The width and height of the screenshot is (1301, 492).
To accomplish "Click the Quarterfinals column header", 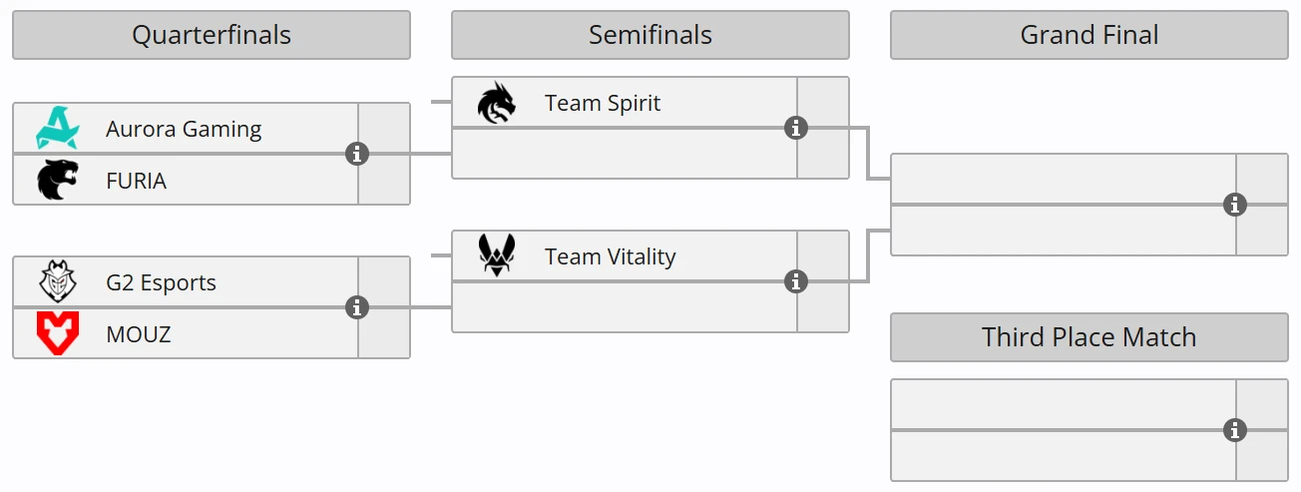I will point(212,35).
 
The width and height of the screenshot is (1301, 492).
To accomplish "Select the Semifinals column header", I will point(650,35).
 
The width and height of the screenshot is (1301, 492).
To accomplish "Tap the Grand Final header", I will point(1088,35).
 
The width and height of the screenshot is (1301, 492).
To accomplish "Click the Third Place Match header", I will point(1088,337).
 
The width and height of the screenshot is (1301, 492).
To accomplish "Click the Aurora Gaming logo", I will point(57,129).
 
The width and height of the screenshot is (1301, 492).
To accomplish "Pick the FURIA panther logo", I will point(57,181).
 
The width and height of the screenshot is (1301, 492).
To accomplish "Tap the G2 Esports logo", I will point(57,282).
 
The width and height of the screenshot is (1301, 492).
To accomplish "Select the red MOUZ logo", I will point(57,333).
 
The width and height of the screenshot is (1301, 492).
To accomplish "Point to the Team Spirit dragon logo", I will point(496,103).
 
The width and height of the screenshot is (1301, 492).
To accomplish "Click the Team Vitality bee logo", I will point(496,256).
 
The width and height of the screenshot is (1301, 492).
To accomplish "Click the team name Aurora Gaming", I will point(184,129).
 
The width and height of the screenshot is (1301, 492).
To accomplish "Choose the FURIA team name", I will point(136,181).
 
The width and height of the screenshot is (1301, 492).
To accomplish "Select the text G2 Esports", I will point(161,282).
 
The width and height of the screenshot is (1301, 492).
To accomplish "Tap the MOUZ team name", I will point(138,334).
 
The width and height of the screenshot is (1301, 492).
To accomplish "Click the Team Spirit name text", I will point(603,103).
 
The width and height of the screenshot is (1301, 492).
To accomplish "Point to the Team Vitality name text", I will point(610,256).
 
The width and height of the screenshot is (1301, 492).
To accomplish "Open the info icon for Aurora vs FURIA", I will point(357,154).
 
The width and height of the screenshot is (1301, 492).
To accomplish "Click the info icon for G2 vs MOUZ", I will point(357,307).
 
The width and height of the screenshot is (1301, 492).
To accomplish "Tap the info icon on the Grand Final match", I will point(1235,205).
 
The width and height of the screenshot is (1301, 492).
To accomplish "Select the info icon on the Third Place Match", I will point(1235,430).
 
